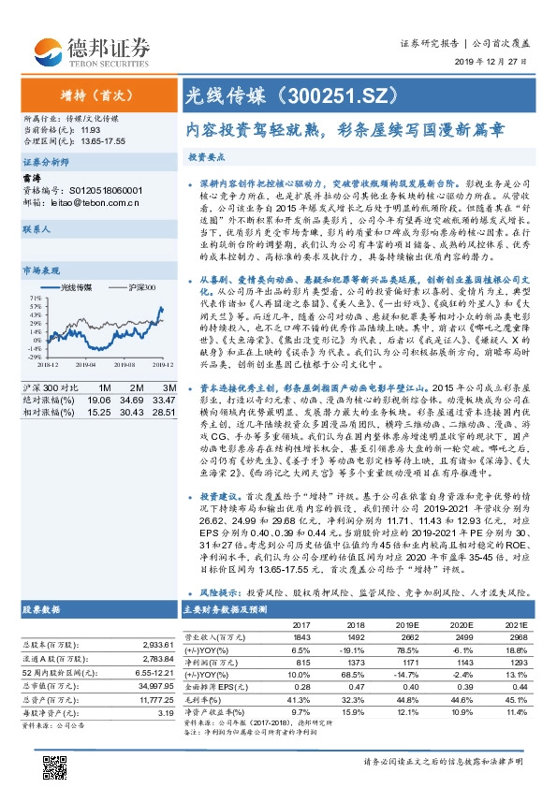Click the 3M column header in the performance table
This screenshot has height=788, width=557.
[x=169, y=387]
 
